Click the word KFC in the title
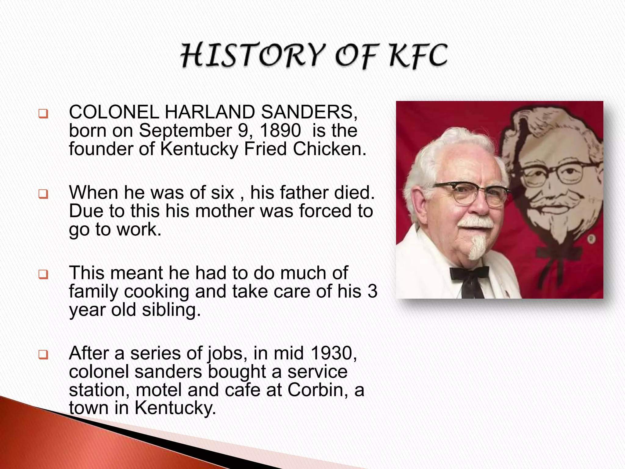coord(419,56)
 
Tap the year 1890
coord(280,130)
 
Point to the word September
coord(186,131)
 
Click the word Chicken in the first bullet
coord(329,149)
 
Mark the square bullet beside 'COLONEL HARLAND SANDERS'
coord(43,114)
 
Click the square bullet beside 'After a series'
coord(43,355)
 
